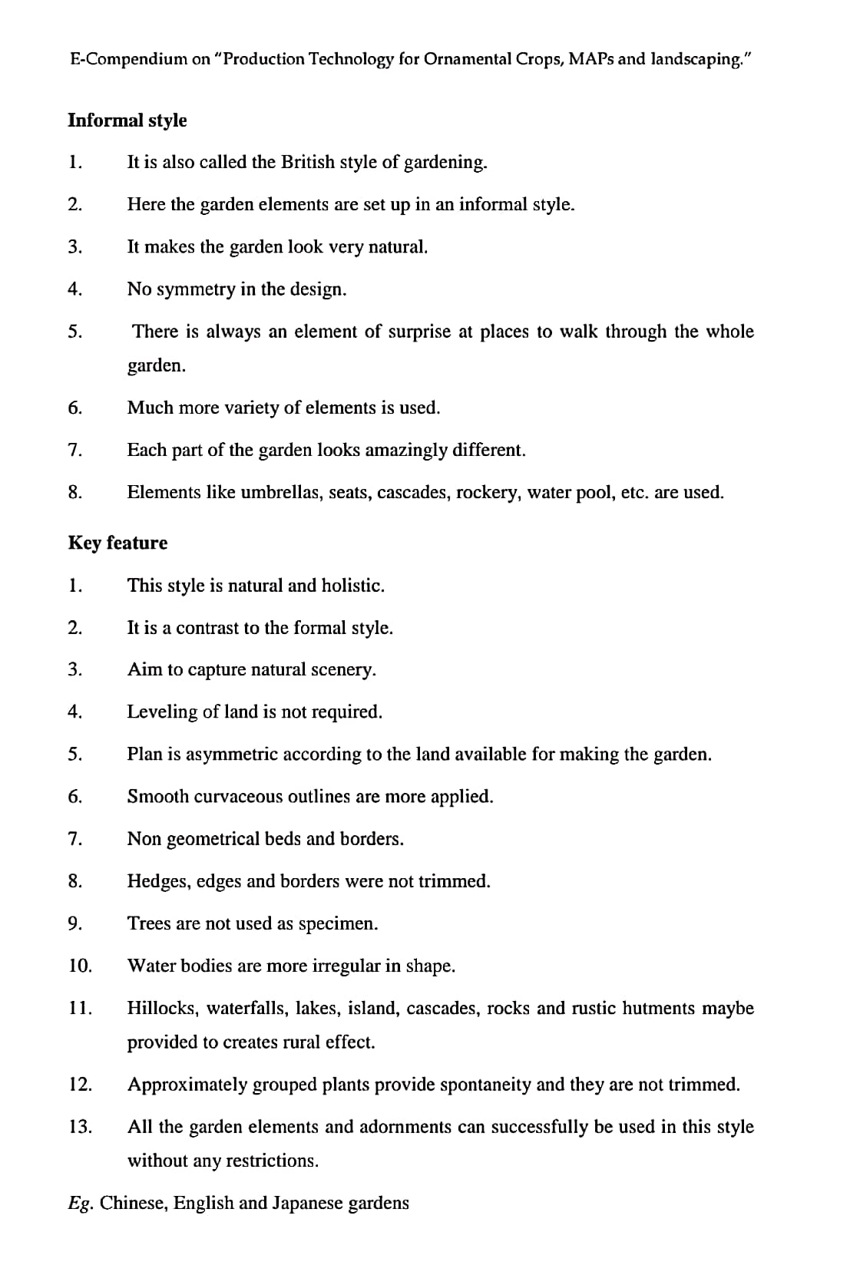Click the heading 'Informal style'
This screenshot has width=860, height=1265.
click(127, 121)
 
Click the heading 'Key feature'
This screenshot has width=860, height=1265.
click(117, 543)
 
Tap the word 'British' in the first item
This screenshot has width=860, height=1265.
click(307, 162)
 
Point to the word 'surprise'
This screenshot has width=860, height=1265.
click(419, 332)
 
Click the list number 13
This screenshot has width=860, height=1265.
click(80, 1127)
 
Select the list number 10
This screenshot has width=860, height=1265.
click(80, 966)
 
